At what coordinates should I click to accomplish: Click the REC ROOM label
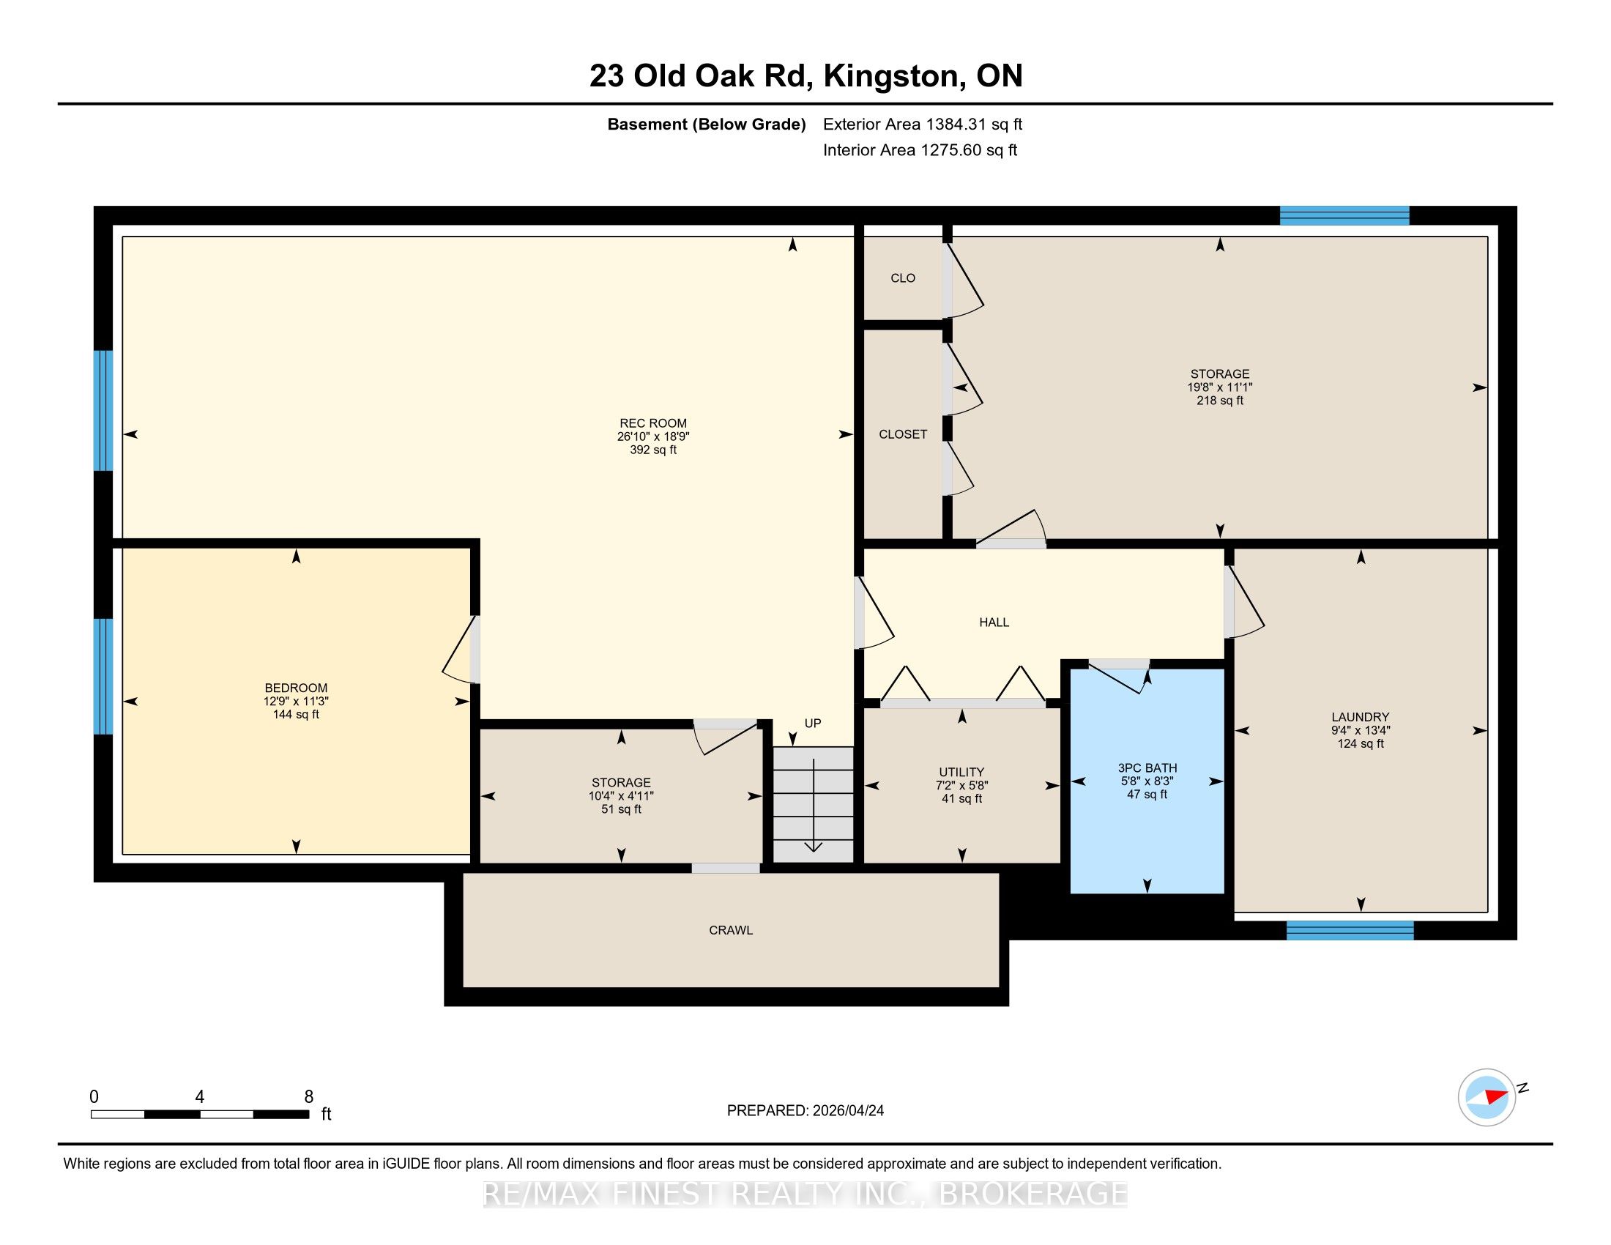click(x=652, y=423)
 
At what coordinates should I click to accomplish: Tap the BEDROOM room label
click(x=296, y=688)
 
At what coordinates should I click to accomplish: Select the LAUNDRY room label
click(x=1361, y=717)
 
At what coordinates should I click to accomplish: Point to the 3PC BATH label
click(x=1147, y=768)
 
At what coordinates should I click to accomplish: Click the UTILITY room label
click(x=962, y=772)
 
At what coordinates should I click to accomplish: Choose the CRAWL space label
click(x=731, y=930)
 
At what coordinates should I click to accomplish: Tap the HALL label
click(x=994, y=622)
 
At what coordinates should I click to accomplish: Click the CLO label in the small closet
click(x=903, y=278)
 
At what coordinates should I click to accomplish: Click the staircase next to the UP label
click(x=813, y=804)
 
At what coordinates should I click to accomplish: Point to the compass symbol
click(x=1487, y=1097)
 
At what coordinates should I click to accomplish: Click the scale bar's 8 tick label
click(x=309, y=1097)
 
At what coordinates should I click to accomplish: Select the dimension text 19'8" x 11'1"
click(x=1220, y=387)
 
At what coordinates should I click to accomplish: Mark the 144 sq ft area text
click(x=296, y=714)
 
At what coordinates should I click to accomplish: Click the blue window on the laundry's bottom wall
click(x=1350, y=931)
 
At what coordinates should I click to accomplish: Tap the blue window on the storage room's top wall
click(x=1344, y=215)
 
